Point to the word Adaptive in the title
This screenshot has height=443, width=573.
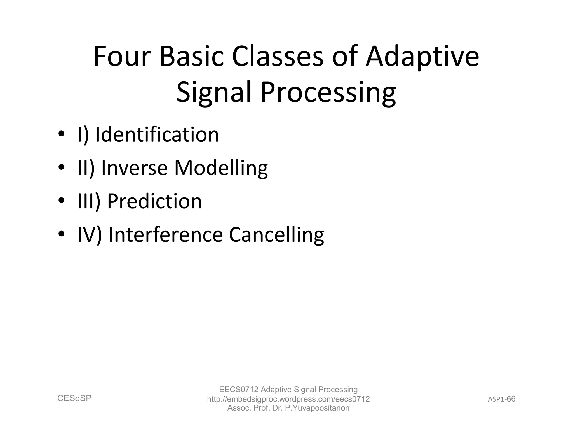[x=422, y=57]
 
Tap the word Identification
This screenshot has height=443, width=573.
[x=157, y=135]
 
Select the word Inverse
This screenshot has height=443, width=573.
[x=134, y=168]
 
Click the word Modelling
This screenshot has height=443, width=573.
[x=221, y=168]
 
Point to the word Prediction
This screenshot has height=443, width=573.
[x=154, y=201]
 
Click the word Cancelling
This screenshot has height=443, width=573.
[x=276, y=235]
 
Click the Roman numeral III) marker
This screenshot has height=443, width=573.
[x=89, y=201]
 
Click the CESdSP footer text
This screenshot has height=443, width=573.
[x=74, y=398]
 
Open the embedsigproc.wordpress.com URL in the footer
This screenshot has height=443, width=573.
[x=288, y=399]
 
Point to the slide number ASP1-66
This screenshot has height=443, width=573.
[x=501, y=399]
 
